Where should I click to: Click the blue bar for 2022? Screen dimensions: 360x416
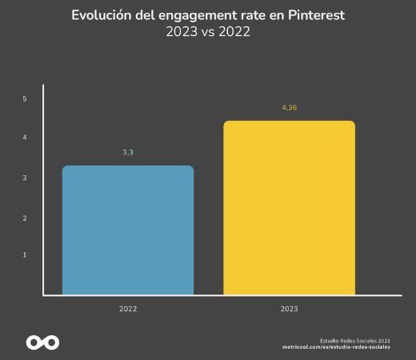128,230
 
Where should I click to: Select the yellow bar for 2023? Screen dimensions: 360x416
289,208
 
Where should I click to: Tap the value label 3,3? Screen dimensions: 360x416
128,151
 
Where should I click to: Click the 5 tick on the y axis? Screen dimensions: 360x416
25,99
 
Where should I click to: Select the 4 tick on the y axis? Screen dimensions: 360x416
25,138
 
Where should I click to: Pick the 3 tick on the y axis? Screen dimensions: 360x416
25,178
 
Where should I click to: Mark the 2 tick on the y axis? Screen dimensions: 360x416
25,218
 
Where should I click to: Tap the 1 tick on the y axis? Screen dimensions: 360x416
25,255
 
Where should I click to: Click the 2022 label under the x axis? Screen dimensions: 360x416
128,308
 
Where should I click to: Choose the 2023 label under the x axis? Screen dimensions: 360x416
289,308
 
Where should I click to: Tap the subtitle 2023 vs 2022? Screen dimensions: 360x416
208,33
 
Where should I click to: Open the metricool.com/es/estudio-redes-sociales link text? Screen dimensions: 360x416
336,347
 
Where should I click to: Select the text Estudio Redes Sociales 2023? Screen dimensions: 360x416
354,339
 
